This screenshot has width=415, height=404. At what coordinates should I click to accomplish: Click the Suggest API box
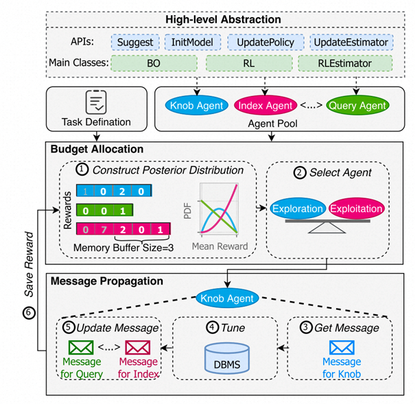134,43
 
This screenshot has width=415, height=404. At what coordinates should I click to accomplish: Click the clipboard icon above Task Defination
95,102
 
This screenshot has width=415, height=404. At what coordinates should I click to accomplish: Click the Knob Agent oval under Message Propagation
226,298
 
